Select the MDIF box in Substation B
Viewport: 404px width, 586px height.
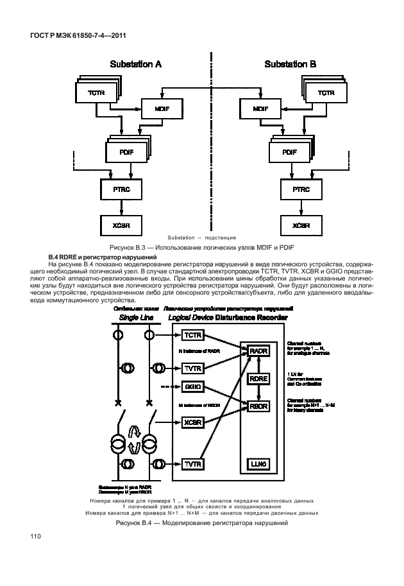click(x=260, y=108)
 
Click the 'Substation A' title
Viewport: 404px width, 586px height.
click(x=136, y=64)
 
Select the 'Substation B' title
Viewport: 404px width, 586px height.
click(x=290, y=64)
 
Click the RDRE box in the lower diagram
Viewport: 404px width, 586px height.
click(x=258, y=379)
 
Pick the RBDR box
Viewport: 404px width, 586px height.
click(x=257, y=406)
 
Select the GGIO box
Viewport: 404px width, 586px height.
click(x=192, y=387)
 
